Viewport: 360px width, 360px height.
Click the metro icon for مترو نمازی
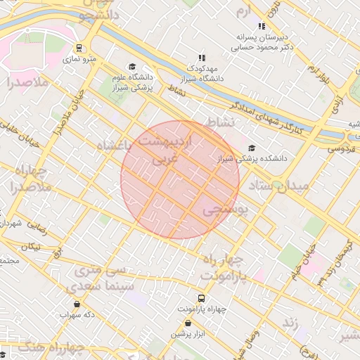click(x=79, y=49)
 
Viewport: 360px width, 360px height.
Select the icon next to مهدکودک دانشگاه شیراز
click(x=202, y=58)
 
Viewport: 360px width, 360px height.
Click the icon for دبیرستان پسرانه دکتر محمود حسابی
click(x=262, y=26)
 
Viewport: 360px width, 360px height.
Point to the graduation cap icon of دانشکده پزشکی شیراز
click(x=252, y=148)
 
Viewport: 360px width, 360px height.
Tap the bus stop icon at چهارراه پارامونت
click(x=202, y=299)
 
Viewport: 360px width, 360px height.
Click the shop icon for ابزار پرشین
click(x=188, y=323)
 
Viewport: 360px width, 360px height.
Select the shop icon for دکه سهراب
click(x=77, y=304)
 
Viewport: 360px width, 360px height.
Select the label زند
click(x=290, y=322)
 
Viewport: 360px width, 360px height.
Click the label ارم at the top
click(x=243, y=11)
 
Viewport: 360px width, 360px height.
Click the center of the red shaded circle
click(x=180, y=180)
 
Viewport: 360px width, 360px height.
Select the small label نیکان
click(x=31, y=247)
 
